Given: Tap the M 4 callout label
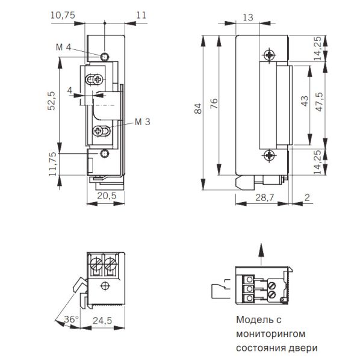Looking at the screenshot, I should click(64, 47).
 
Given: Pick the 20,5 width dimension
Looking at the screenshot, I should click(107, 196).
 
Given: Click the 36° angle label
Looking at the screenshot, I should click(70, 319).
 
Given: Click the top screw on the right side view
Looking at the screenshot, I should click(268, 54).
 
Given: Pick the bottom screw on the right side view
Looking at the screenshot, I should click(268, 156).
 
